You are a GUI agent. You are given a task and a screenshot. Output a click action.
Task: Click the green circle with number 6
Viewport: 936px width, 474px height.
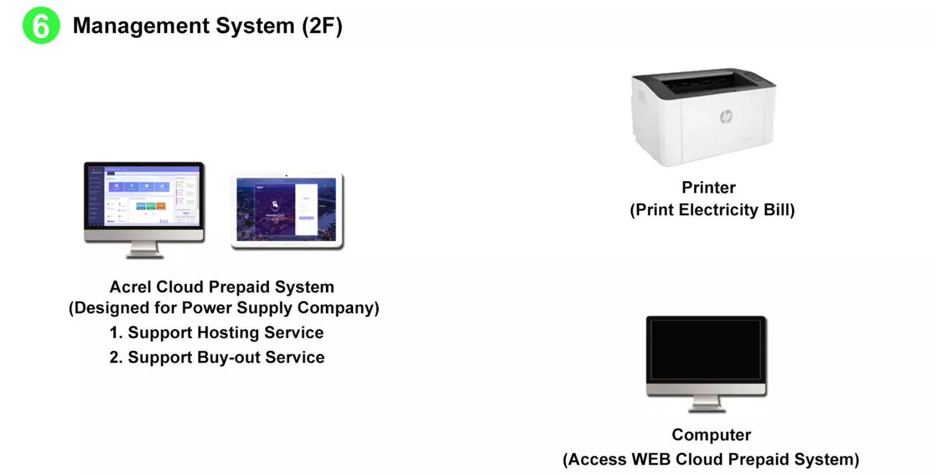tap(41, 26)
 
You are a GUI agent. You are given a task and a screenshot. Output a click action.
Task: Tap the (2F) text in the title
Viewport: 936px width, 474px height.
tap(322, 26)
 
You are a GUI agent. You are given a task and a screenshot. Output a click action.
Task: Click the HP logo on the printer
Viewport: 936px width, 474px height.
tap(726, 117)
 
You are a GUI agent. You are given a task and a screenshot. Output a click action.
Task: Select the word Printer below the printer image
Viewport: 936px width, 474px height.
tap(708, 187)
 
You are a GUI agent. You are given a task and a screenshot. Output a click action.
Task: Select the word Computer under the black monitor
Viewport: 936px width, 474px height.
tap(711, 434)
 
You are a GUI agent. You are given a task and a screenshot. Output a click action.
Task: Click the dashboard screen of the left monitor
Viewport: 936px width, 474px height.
tap(144, 195)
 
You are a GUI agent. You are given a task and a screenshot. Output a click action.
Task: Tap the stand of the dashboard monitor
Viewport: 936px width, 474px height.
tap(144, 250)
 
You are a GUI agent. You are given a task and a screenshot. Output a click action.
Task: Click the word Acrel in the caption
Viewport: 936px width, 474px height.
tap(131, 287)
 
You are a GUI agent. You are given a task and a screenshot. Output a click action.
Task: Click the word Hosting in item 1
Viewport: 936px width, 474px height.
tap(229, 332)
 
